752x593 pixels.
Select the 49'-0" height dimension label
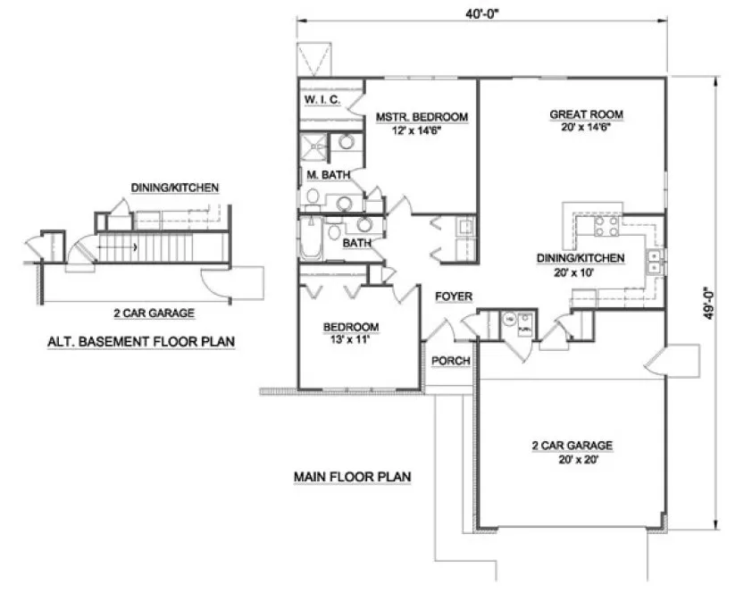click(x=708, y=302)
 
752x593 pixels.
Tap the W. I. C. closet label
click(x=321, y=100)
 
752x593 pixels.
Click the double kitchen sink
click(x=656, y=261)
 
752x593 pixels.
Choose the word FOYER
click(x=453, y=296)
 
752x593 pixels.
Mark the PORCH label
click(x=447, y=361)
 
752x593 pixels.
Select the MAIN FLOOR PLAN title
click(x=352, y=477)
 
